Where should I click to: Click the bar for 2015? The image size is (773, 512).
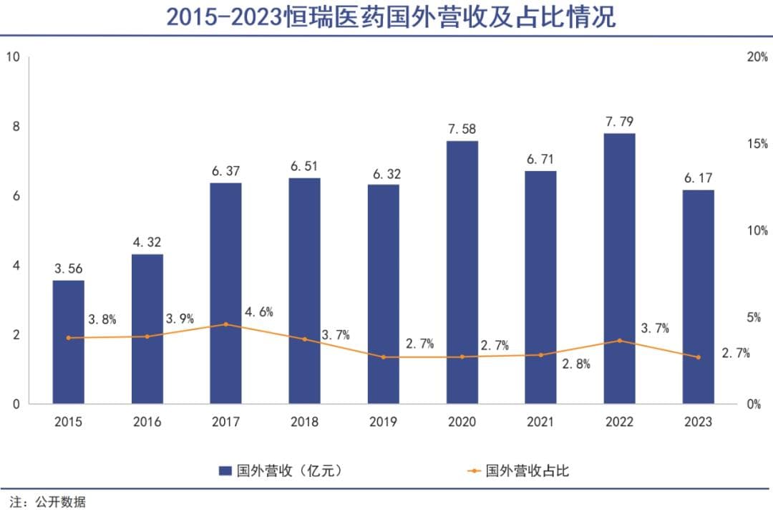[69, 342]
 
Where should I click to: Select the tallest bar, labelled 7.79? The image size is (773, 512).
[619, 269]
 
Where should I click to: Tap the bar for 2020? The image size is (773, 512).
[462, 272]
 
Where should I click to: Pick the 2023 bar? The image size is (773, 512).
[698, 297]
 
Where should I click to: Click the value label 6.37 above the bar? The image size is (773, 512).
[225, 171]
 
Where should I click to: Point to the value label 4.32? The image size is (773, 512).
[147, 242]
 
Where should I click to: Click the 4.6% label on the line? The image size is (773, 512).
[258, 312]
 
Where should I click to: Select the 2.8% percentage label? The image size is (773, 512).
[576, 364]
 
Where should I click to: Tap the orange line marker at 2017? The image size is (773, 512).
[226, 324]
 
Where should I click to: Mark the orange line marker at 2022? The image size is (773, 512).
[619, 341]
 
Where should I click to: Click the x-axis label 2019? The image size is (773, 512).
[383, 422]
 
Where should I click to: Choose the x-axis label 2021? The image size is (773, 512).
[540, 422]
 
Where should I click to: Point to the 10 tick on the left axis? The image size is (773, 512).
[12, 57]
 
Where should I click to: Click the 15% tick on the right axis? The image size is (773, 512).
[757, 144]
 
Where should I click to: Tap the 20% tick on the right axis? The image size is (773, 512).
[757, 57]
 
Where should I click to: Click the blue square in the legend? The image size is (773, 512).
[224, 470]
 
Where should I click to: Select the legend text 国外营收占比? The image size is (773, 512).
[528, 470]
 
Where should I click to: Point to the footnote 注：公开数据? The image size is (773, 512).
[48, 501]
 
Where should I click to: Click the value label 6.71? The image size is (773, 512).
[540, 159]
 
